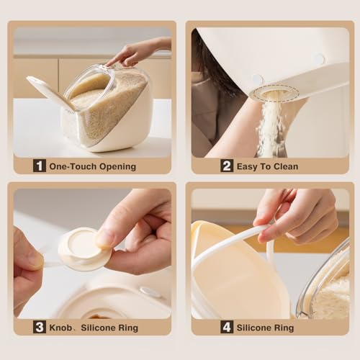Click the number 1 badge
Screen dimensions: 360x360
[x=40, y=166]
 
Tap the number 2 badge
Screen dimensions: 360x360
[x=227, y=166]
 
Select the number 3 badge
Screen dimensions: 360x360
[x=40, y=327]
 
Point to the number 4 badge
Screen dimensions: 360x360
[x=227, y=327]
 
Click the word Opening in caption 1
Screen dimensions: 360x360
[x=117, y=167]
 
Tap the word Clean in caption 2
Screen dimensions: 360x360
[x=286, y=166]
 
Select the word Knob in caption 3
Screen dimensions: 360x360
[x=60, y=328]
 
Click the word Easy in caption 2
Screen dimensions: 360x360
[x=247, y=167]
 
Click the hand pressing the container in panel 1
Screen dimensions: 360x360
[x=138, y=53]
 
